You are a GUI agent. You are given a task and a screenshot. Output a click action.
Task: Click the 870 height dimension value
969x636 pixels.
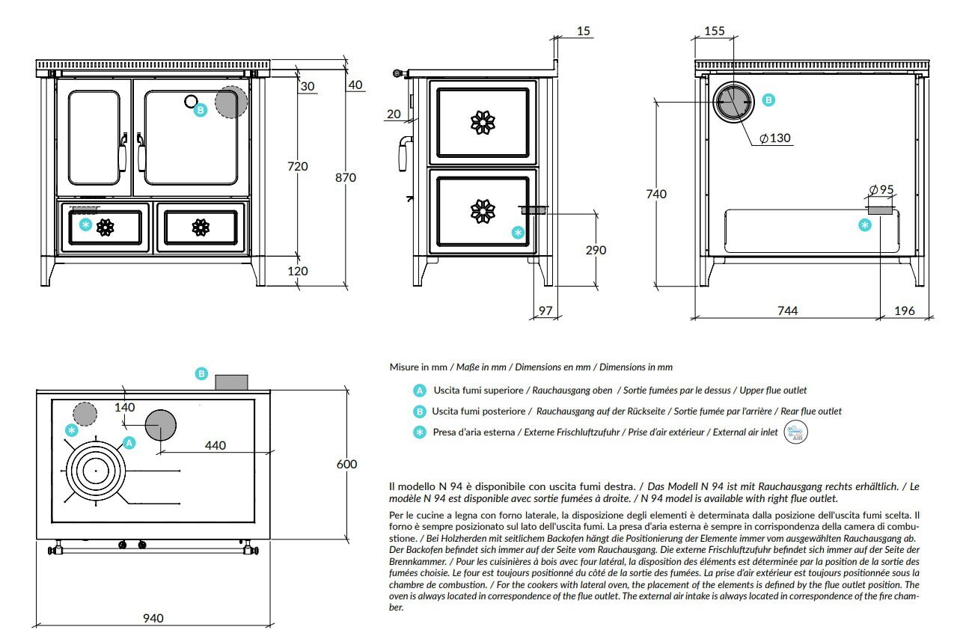(x=345, y=178)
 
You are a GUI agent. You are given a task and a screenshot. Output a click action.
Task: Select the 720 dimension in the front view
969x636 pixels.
(x=297, y=166)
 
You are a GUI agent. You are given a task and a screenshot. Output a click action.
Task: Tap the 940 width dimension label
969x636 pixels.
(x=153, y=618)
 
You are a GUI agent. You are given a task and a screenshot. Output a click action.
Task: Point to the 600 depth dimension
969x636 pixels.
(x=346, y=464)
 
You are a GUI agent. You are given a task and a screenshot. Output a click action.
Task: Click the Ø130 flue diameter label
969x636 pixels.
(x=774, y=138)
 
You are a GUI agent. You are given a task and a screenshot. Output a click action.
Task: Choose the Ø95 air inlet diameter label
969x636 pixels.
(x=881, y=190)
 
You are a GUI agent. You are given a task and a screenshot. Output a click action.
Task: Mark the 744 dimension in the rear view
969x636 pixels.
(x=786, y=311)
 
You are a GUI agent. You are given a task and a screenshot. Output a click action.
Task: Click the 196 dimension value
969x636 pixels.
(x=905, y=311)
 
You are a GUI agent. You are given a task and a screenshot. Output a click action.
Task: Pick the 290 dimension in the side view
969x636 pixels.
(x=596, y=250)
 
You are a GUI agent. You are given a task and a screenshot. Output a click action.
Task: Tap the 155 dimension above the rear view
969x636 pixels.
(x=715, y=31)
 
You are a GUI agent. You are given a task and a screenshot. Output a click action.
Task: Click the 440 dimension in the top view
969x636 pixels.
(x=215, y=445)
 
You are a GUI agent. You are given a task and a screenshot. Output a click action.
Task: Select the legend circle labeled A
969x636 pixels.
(x=420, y=391)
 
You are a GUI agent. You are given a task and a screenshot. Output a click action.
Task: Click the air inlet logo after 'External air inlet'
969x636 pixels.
(x=795, y=432)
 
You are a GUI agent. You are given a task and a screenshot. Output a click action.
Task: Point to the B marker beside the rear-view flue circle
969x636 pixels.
(x=768, y=100)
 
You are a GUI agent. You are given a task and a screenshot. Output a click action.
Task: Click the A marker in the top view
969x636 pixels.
(x=129, y=443)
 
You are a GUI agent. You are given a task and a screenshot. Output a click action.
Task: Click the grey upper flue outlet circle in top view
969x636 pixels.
(x=160, y=425)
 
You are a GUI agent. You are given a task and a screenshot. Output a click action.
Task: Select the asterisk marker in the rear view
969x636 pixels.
(x=865, y=224)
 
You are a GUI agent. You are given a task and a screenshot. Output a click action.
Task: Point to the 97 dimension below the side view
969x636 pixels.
(x=545, y=311)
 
